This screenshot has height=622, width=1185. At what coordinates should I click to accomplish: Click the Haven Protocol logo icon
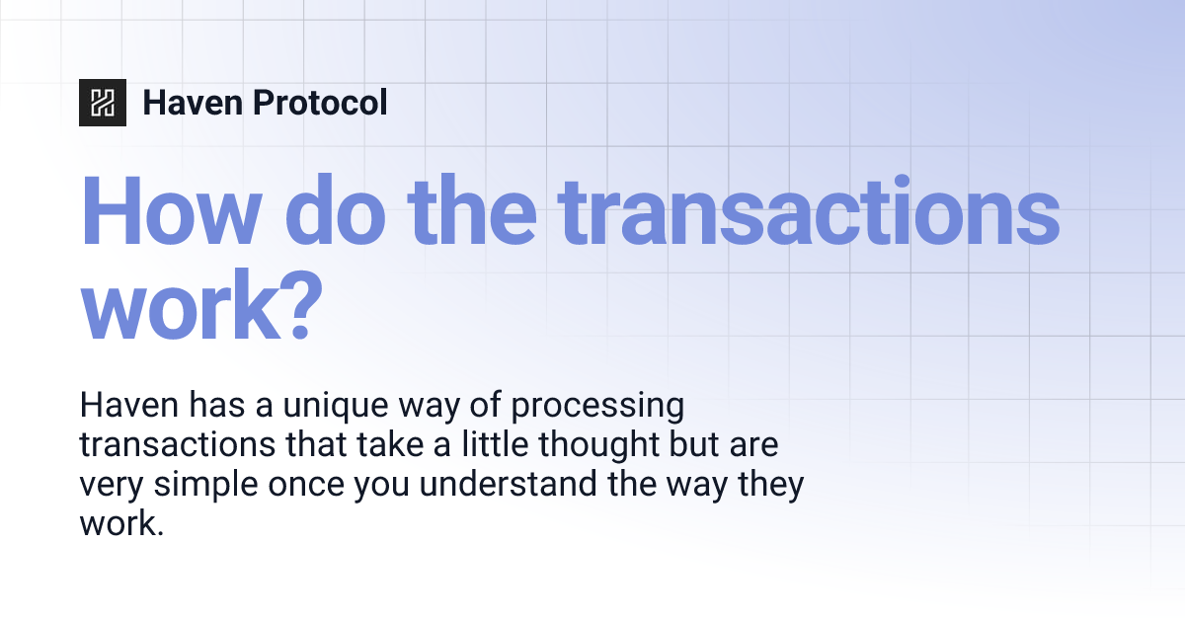103,102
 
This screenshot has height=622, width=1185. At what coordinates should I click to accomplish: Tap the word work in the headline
174,307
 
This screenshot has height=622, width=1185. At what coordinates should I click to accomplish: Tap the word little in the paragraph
483,445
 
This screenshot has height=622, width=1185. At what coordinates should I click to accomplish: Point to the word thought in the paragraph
584,445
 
